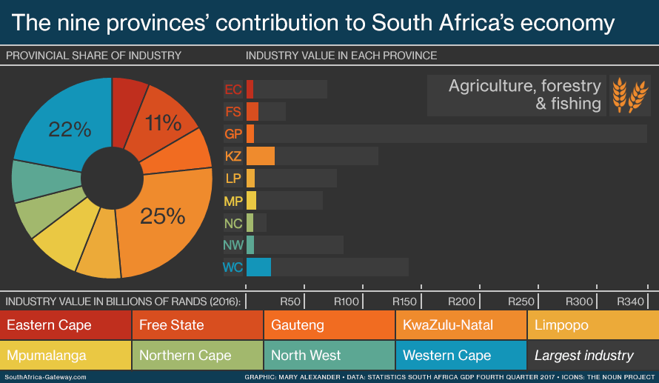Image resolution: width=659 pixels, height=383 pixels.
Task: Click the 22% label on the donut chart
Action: pyautogui.click(x=70, y=130)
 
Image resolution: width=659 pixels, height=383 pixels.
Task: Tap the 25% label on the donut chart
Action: pyautogui.click(x=163, y=216)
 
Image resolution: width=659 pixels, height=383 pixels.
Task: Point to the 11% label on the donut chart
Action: pyautogui.click(x=164, y=123)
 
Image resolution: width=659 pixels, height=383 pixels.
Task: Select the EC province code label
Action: pyautogui.click(x=233, y=90)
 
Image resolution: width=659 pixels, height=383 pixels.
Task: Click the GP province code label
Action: pyautogui.click(x=233, y=134)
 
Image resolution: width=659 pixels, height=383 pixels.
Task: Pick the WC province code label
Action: pyautogui.click(x=233, y=267)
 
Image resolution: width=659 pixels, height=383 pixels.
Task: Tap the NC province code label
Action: pyautogui.click(x=233, y=223)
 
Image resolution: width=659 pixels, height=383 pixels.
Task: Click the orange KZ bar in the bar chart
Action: pyautogui.click(x=261, y=156)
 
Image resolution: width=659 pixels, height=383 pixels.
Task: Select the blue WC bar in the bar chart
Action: pyautogui.click(x=258, y=267)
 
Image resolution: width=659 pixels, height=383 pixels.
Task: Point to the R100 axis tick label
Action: pyautogui.click(x=347, y=302)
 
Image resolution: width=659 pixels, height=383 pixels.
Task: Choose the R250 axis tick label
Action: pyautogui.click(x=521, y=302)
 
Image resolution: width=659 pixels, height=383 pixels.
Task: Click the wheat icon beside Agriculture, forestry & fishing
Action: pyautogui.click(x=629, y=95)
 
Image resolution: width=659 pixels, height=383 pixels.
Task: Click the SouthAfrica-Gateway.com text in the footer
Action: pyautogui.click(x=46, y=377)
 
